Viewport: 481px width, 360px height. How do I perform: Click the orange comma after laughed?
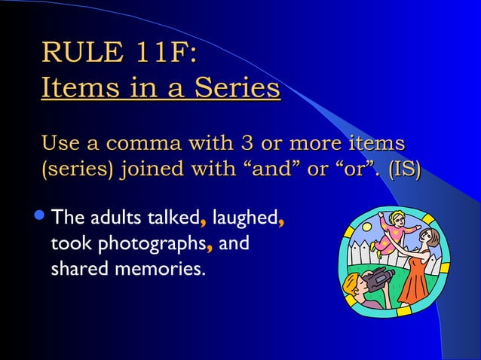280,221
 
